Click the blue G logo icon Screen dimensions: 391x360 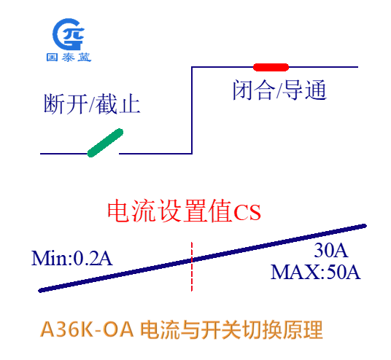click(x=69, y=34)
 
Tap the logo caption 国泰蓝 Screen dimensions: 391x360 click(x=69, y=58)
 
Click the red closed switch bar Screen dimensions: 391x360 click(x=271, y=67)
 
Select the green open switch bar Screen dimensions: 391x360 click(x=105, y=143)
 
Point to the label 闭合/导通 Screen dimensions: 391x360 click(x=279, y=90)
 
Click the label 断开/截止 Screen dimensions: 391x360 click(x=92, y=104)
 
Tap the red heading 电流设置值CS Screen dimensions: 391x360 click(x=184, y=211)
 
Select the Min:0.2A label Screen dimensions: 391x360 click(x=71, y=259)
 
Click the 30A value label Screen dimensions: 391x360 click(x=330, y=250)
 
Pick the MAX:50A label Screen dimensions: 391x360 click(x=315, y=272)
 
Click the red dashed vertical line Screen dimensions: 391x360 click(x=192, y=266)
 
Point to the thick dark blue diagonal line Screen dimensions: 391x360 click(x=202, y=259)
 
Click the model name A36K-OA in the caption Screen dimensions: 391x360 click(x=87, y=329)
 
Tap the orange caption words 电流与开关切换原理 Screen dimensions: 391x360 click(x=231, y=329)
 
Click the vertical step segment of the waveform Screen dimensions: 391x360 click(x=192, y=110)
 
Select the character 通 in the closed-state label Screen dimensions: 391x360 click(x=316, y=90)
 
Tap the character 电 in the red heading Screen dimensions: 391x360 click(x=119, y=211)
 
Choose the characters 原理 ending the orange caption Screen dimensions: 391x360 click(x=303, y=329)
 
